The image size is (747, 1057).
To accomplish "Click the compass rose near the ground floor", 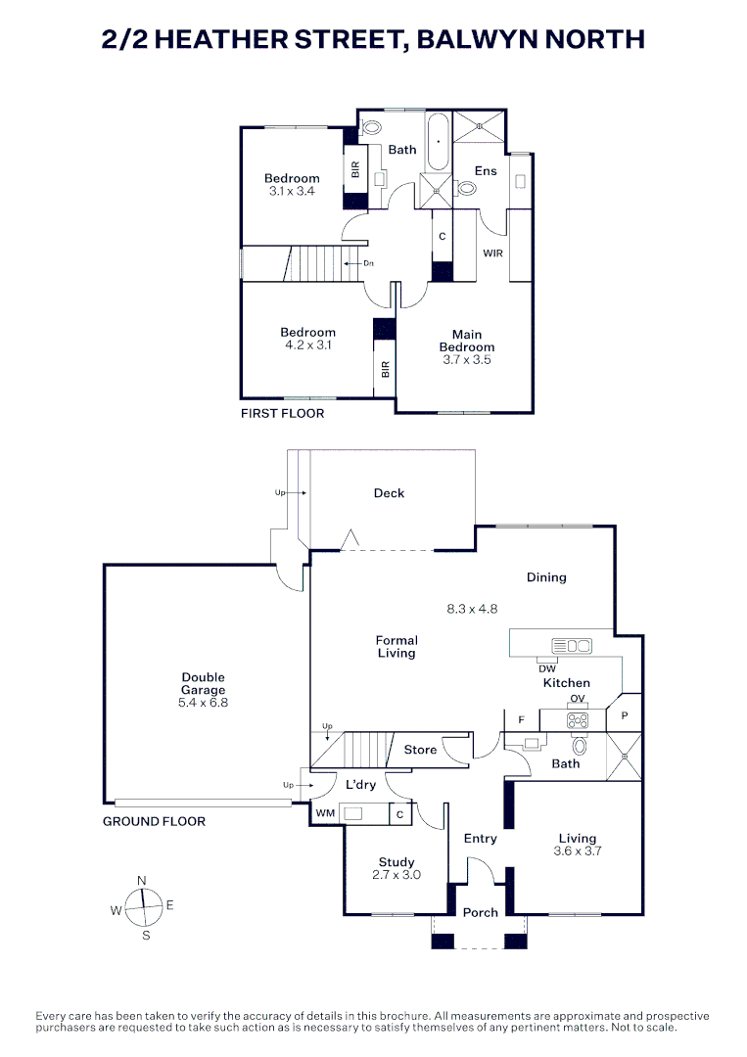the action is coord(143,907).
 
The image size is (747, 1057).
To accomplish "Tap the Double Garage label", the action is coord(203,683).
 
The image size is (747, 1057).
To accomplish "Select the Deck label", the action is coord(389,492).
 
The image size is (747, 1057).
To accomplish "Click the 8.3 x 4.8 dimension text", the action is coord(472,609).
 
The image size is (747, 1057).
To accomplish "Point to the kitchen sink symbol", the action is coord(572,646).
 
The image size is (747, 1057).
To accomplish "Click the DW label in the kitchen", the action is coord(547,668).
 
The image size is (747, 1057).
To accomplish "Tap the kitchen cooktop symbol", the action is coord(577,720).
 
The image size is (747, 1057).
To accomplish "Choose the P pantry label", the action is coord(625,715).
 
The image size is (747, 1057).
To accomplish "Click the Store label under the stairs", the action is coord(420,750).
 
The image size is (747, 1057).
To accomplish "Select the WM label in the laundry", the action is coord(326,813).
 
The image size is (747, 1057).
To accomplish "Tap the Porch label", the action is coord(480,912).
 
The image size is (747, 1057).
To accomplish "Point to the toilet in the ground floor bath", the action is coord(580,746).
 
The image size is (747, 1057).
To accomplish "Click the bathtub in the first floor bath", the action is coord(439,142).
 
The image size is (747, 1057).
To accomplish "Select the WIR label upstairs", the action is coord(492,253).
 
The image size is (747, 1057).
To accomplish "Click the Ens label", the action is coord(486,171).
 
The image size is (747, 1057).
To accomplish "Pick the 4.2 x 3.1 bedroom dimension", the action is coord(308,345).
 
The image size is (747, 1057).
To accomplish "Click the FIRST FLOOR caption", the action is coord(283,413).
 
